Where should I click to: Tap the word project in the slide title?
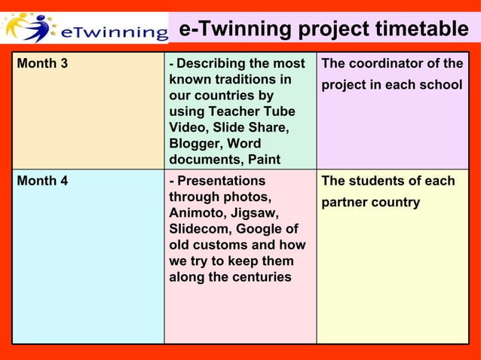pos(331,30)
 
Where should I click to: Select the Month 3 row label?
pos(42,63)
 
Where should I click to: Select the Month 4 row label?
pos(42,181)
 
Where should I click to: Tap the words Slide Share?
pos(253,127)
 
